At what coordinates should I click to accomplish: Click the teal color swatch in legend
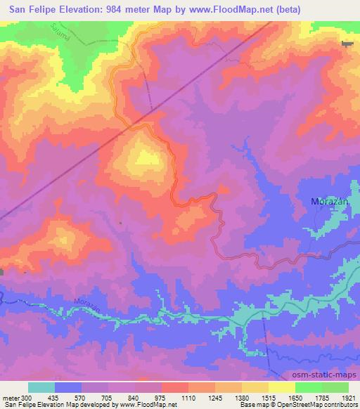coord(41,387)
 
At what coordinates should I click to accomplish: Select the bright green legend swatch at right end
coord(335,387)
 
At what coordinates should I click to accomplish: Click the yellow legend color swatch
coord(282,387)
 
